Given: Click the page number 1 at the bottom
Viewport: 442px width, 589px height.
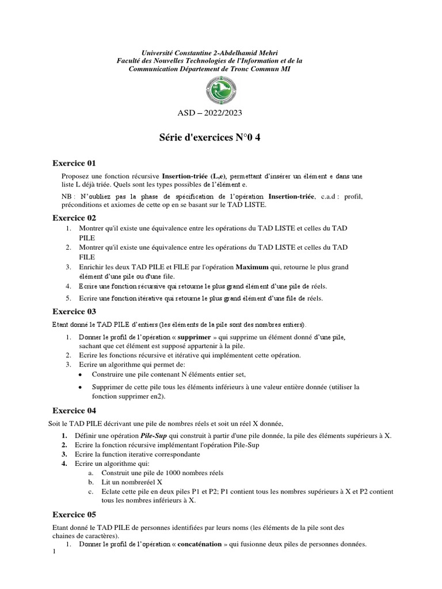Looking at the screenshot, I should (x=54, y=553).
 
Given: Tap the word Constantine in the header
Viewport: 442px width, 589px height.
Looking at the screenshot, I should (x=196, y=52).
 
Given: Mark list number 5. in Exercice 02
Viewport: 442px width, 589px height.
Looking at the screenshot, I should (x=67, y=298).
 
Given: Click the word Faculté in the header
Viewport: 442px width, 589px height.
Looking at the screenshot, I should (x=131, y=60).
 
